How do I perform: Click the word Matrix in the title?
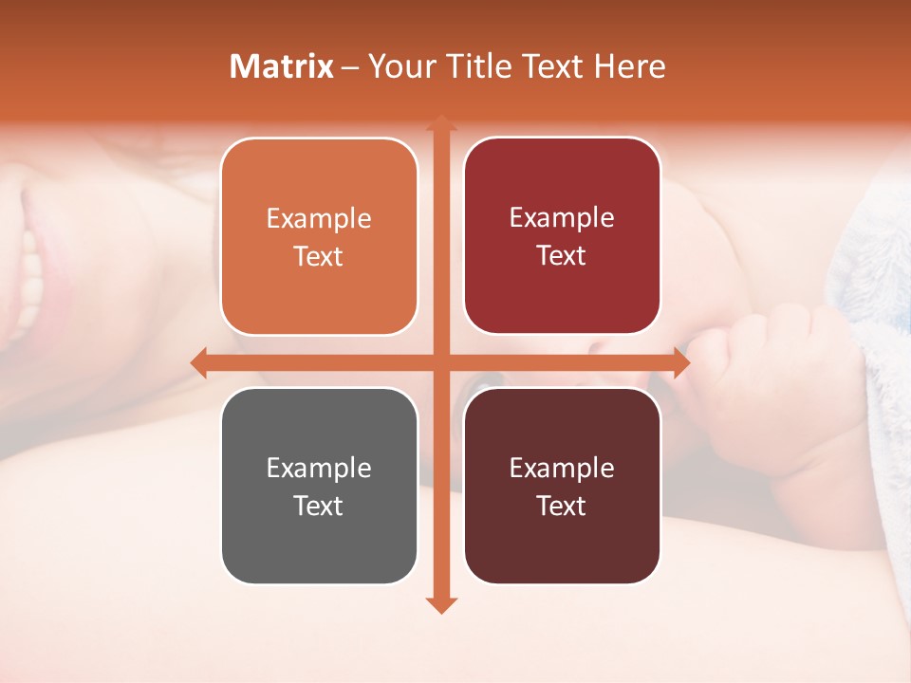point(282,66)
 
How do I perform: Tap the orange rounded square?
point(319,236)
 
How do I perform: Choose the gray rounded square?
point(319,486)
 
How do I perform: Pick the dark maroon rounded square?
point(562,486)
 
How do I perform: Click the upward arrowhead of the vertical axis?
point(440,123)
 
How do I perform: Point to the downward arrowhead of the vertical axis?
point(440,604)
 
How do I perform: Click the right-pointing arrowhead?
point(680,362)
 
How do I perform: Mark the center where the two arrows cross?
point(440,362)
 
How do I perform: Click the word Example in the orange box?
point(319,219)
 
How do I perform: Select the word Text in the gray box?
point(319,506)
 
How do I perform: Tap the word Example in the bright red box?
point(562,218)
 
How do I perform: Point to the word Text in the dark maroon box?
point(562,506)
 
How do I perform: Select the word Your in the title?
point(402,66)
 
